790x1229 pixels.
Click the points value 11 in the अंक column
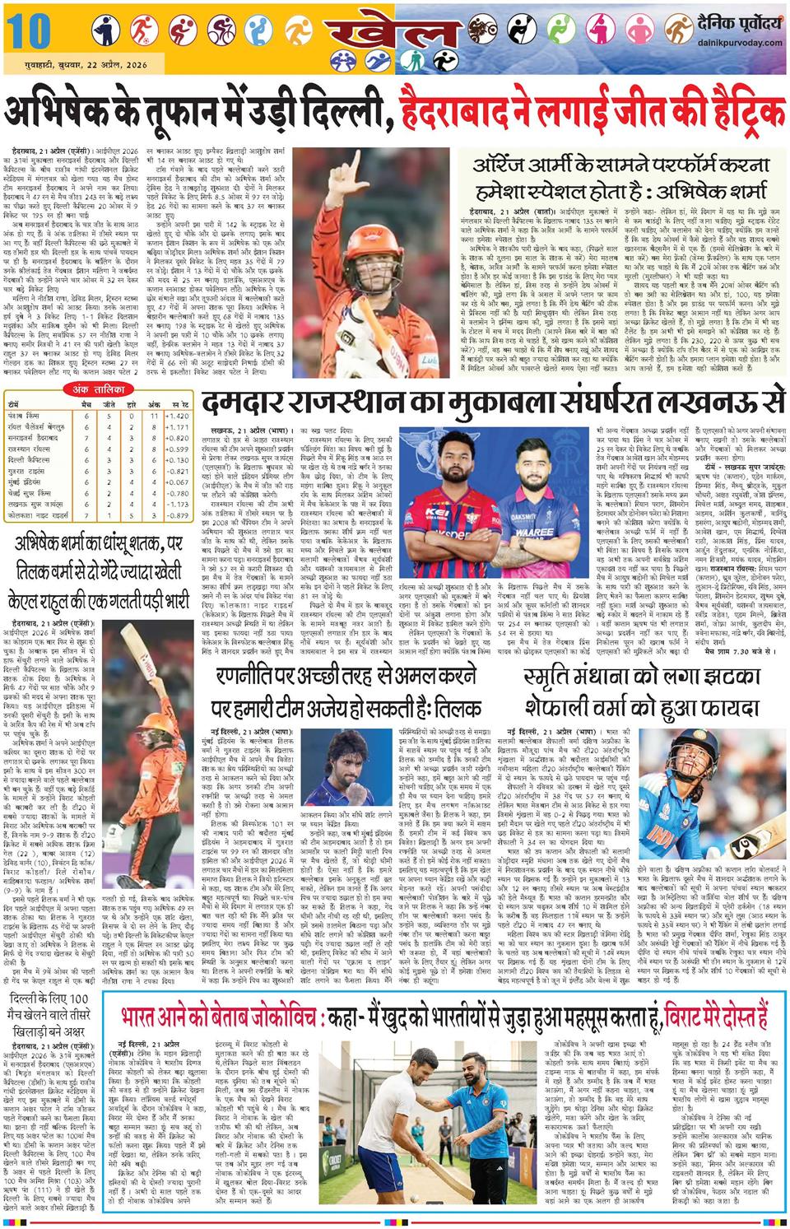[x=154, y=417]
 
